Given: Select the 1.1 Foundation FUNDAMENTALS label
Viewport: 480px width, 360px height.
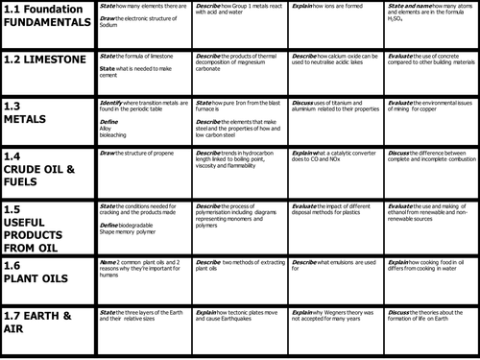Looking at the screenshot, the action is [x=48, y=16].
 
